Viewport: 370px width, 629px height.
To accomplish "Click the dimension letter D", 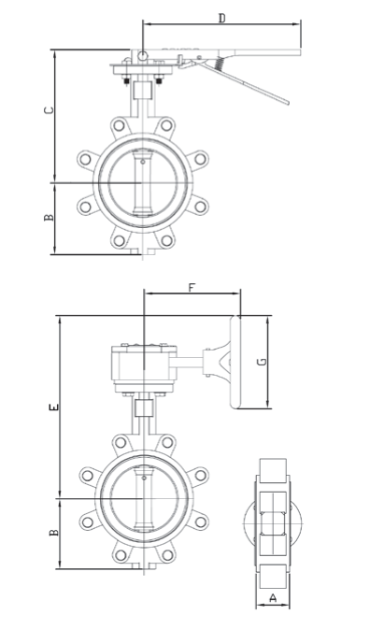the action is pos(221,18).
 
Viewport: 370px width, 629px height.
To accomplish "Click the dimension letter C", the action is pos(49,110).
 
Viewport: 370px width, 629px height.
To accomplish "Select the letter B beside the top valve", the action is pos(49,218).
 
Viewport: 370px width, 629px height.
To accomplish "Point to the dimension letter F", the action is pos(192,287).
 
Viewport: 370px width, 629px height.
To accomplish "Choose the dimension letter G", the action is pos(262,362).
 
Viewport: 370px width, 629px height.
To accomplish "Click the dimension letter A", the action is pos(273,598).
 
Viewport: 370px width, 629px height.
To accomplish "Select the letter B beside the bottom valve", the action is pos(53,533).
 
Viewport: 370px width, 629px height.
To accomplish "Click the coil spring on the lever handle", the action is pos(220,63).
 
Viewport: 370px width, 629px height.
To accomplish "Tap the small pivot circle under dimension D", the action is pos(142,56).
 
